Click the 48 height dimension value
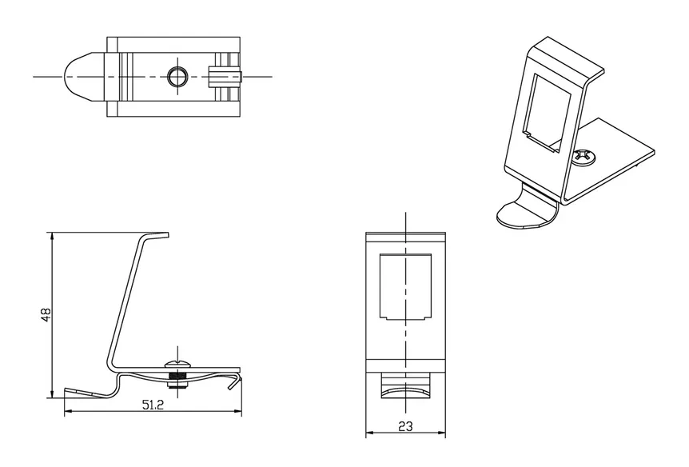(46, 314)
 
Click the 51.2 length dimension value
(153, 405)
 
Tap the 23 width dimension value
(405, 426)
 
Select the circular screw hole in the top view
(177, 77)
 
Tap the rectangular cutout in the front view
(405, 287)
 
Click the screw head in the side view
(177, 364)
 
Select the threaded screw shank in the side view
(177, 377)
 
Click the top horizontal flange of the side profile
(156, 234)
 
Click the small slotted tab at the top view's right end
(225, 77)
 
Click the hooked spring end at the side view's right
(236, 381)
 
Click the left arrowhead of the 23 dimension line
(370, 433)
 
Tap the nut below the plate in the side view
(177, 385)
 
